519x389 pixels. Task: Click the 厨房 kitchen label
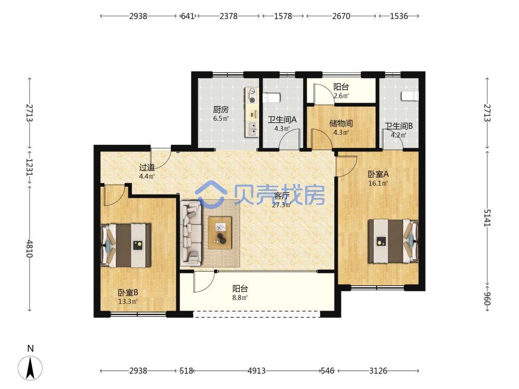(x=221, y=109)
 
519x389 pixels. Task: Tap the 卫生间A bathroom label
(x=282, y=120)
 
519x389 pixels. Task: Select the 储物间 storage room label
(x=341, y=124)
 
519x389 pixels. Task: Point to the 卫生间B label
(x=399, y=126)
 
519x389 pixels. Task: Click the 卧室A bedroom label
(x=378, y=174)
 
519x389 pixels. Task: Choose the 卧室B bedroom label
(x=128, y=293)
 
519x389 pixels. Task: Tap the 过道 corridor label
(x=147, y=168)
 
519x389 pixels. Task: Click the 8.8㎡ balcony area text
(x=240, y=298)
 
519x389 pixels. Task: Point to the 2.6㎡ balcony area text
(x=341, y=96)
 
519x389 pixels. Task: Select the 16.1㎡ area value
(x=378, y=183)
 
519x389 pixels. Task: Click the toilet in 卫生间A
(x=271, y=98)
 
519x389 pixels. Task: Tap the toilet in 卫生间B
(x=410, y=96)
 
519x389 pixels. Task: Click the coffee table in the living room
(x=220, y=232)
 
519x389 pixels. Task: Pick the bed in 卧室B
(x=126, y=245)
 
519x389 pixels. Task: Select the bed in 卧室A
(x=393, y=241)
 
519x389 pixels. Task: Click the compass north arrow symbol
(x=30, y=368)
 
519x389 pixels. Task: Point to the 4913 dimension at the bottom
(x=256, y=371)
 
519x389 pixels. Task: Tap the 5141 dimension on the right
(x=487, y=218)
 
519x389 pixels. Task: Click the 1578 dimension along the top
(x=283, y=16)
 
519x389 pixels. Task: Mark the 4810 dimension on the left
(x=30, y=249)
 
